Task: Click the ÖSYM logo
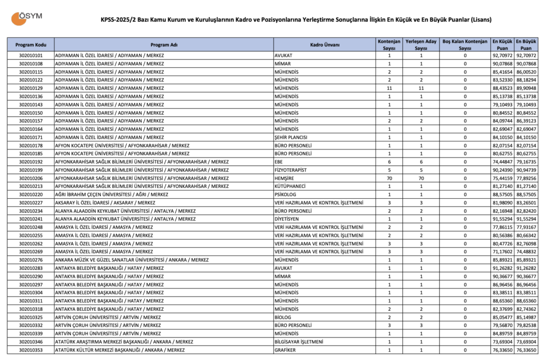(x=27, y=18)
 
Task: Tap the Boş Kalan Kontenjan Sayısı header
(x=465, y=44)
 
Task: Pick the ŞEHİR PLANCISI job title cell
(x=292, y=137)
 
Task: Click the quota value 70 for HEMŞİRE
(x=389, y=178)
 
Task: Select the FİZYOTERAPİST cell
(x=292, y=170)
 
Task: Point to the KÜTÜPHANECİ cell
(x=292, y=186)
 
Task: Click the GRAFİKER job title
(x=286, y=350)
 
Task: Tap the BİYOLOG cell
(x=284, y=317)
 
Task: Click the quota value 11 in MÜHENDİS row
(x=389, y=88)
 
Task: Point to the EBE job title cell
(x=279, y=161)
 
